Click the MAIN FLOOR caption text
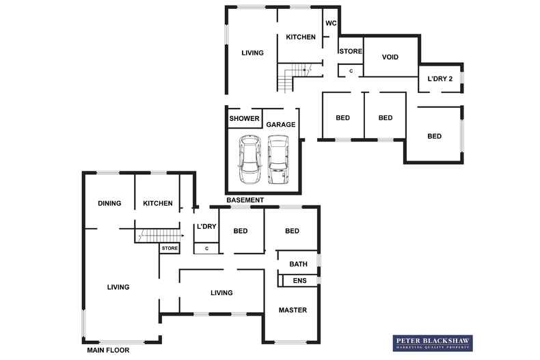(x=108, y=350)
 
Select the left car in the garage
(x=248, y=159)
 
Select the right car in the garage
(x=278, y=159)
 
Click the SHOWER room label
(x=244, y=119)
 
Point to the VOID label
(x=390, y=57)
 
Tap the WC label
(x=331, y=23)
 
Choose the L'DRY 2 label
(x=440, y=79)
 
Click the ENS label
(x=299, y=281)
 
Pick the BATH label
(x=299, y=264)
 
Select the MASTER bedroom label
(x=293, y=310)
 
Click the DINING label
(x=109, y=204)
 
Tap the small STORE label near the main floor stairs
(x=170, y=249)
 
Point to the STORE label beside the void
(x=351, y=51)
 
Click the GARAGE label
(x=281, y=125)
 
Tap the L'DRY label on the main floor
(x=206, y=227)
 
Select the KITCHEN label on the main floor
(x=158, y=204)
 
